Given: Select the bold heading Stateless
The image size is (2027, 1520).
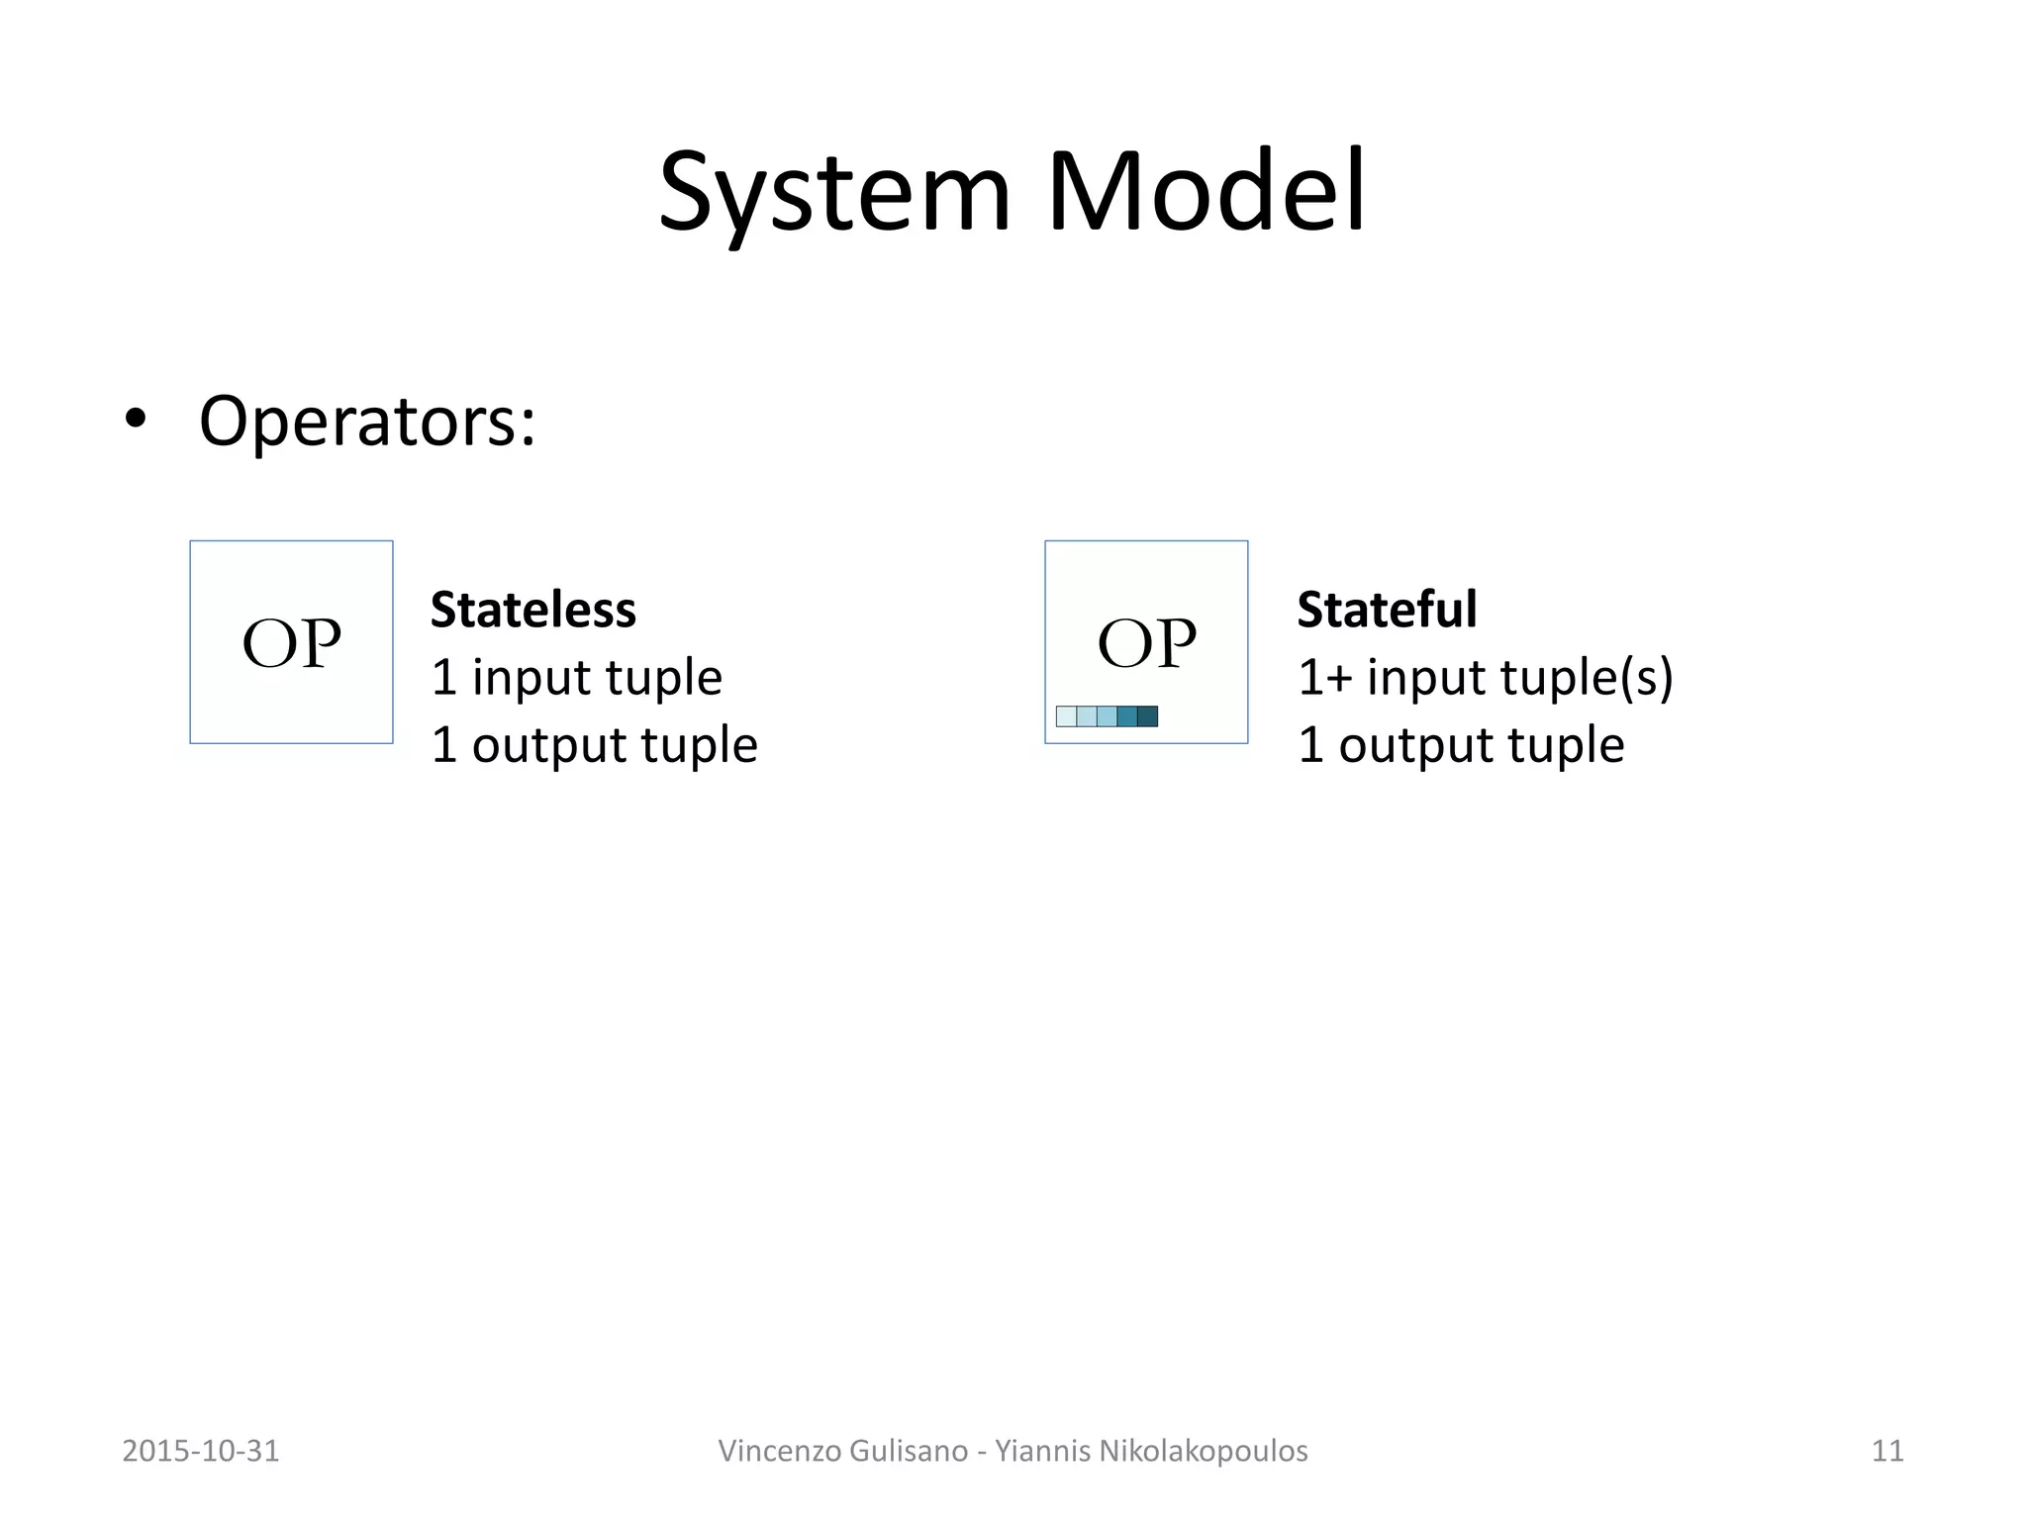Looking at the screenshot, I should (x=532, y=610).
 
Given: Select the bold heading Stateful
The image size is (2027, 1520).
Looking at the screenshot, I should (x=1387, y=610).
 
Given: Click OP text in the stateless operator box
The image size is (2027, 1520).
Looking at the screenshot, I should (x=291, y=644).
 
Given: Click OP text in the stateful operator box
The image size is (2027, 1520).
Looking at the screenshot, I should (x=1146, y=644).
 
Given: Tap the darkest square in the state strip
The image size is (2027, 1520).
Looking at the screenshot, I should (x=1147, y=716).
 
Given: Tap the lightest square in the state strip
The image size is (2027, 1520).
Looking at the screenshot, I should (x=1066, y=716).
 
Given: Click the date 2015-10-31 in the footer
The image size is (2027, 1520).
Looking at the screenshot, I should (x=201, y=1451).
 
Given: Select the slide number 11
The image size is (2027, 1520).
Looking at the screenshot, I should (x=1887, y=1451).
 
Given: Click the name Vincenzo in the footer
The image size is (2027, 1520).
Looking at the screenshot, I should (x=774, y=1451).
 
